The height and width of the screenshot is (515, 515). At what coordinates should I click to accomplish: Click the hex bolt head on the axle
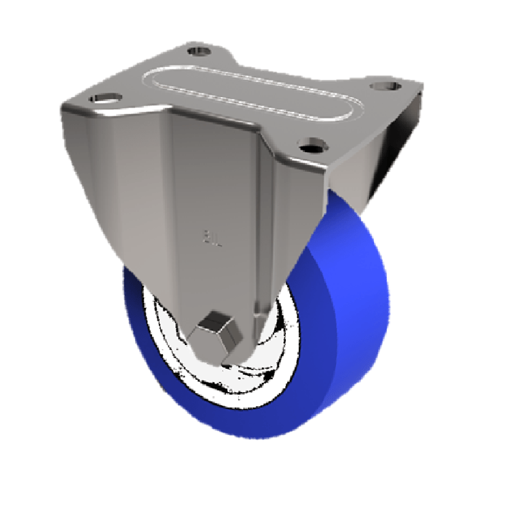220,330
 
